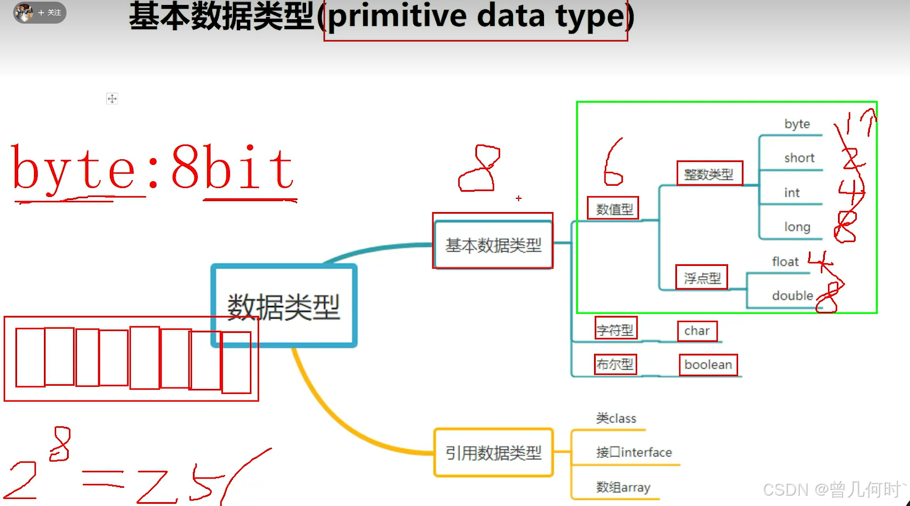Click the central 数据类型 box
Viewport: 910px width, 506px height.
pyautogui.click(x=284, y=306)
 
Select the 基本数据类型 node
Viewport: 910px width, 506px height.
pyautogui.click(x=493, y=244)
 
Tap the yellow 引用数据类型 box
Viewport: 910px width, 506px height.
pyautogui.click(x=493, y=453)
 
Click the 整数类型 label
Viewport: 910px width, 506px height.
pyautogui.click(x=709, y=174)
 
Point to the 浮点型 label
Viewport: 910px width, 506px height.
pyautogui.click(x=702, y=278)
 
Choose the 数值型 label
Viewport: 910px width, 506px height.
pyautogui.click(x=614, y=209)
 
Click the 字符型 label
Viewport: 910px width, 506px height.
pyautogui.click(x=615, y=330)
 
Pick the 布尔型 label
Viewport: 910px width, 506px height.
pyautogui.click(x=615, y=364)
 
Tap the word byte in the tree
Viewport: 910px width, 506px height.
pyautogui.click(x=797, y=124)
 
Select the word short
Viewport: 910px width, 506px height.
pyautogui.click(x=799, y=158)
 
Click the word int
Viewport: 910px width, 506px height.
pyautogui.click(x=792, y=193)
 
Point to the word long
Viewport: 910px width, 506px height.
pyautogui.click(x=797, y=227)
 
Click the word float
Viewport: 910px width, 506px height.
pyautogui.click(x=785, y=262)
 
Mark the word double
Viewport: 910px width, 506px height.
pyautogui.click(x=792, y=296)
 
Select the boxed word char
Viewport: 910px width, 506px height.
pyautogui.click(x=697, y=331)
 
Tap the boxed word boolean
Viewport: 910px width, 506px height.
pyautogui.click(x=708, y=365)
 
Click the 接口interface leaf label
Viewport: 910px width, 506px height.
pyautogui.click(x=634, y=452)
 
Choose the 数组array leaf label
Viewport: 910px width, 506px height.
pyautogui.click(x=623, y=487)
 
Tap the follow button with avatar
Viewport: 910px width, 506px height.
pyautogui.click(x=40, y=12)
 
